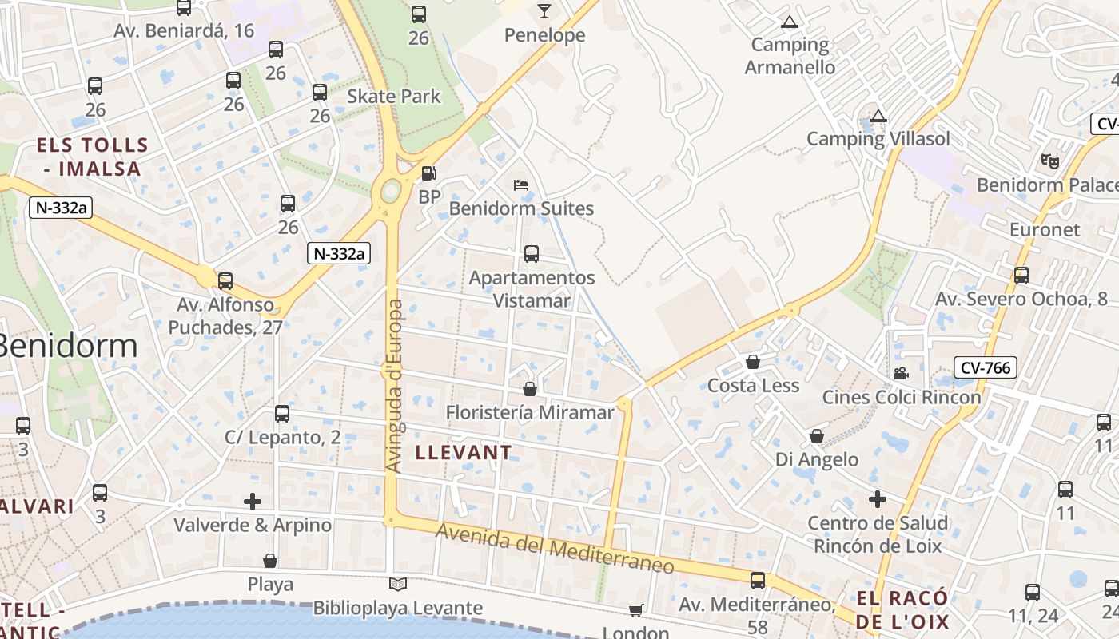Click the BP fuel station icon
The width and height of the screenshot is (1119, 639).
pyautogui.click(x=429, y=173)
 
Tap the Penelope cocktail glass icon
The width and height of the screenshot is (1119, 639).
pyautogui.click(x=544, y=11)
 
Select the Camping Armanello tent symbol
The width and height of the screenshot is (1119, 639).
pyautogui.click(x=790, y=22)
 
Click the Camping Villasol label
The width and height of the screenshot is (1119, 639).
pyautogui.click(x=878, y=138)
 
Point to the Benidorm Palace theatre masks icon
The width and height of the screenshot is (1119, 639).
pyautogui.click(x=1050, y=161)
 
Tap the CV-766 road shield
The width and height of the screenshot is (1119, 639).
pyautogui.click(x=986, y=367)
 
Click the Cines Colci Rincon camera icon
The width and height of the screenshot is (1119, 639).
pyautogui.click(x=901, y=373)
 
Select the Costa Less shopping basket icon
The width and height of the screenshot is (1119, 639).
pyautogui.click(x=753, y=362)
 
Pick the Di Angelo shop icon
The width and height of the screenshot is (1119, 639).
pyautogui.click(x=817, y=436)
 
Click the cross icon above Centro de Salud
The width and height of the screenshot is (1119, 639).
pyautogui.click(x=878, y=499)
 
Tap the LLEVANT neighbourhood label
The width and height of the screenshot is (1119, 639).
pyautogui.click(x=464, y=452)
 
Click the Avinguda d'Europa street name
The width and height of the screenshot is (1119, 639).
pyautogui.click(x=394, y=385)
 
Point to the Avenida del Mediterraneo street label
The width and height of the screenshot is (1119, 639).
pyautogui.click(x=555, y=549)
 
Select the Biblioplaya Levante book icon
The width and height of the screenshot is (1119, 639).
pyautogui.click(x=397, y=585)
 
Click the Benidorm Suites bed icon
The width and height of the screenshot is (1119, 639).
pyautogui.click(x=521, y=185)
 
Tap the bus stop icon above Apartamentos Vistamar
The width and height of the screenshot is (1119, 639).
pyautogui.click(x=532, y=254)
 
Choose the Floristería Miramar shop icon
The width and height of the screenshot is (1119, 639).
pyautogui.click(x=529, y=389)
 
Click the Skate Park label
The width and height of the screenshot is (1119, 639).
pyautogui.click(x=394, y=96)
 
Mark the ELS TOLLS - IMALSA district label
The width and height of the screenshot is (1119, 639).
pyautogui.click(x=93, y=157)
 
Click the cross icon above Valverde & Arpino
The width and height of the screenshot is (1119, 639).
pyautogui.click(x=253, y=502)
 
